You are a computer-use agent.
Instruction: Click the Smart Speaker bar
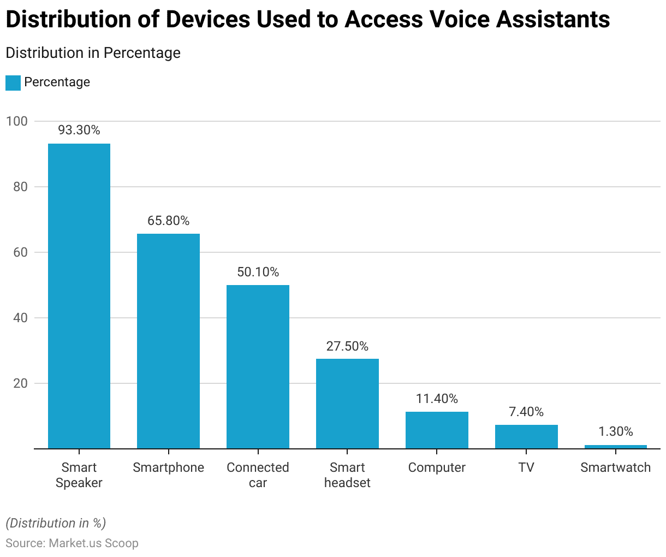coord(79,296)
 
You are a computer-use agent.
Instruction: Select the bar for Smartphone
coord(168,341)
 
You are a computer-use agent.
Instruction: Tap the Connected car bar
coord(258,367)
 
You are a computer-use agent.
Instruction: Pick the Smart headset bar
coord(347,404)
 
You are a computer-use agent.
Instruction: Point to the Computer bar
coord(437,430)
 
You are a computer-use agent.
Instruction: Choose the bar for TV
coord(526,437)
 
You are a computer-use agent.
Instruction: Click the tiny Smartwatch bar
coord(616,447)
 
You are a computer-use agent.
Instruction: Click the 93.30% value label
coord(79,130)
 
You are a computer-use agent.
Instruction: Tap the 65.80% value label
coord(168,221)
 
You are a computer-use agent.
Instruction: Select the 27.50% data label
coord(347,346)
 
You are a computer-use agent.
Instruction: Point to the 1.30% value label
coord(616,431)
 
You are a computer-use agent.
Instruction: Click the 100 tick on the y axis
coord(16,121)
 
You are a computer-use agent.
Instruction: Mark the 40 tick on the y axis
coord(20,318)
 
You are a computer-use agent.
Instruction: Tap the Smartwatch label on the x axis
coord(616,467)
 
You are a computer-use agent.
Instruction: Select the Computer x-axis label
coord(437,467)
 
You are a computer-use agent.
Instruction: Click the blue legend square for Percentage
coord(13,82)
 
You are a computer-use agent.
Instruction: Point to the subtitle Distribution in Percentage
coord(93,53)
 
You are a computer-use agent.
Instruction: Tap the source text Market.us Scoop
coord(93,543)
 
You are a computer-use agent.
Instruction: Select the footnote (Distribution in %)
coord(56,523)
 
